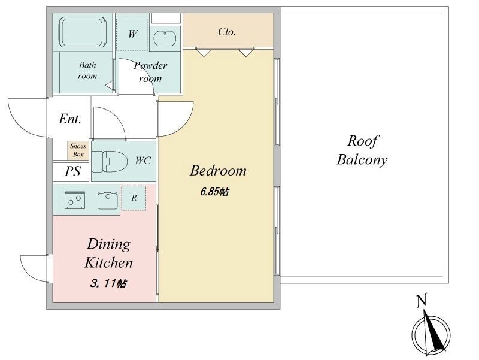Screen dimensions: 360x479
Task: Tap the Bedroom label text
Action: (218, 171)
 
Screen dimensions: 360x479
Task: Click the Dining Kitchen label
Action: (108, 253)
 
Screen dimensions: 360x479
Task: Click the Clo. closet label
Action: (226, 32)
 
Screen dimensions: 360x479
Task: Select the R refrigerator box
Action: (134, 198)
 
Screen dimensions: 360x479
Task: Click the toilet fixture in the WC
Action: (111, 161)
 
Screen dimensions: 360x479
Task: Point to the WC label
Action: (143, 161)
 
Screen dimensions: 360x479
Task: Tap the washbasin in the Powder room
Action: (164, 38)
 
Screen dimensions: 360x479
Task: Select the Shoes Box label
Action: (78, 150)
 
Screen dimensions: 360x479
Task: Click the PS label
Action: (72, 172)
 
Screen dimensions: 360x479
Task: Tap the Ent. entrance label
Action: (70, 119)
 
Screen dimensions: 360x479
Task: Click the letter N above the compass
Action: (422, 301)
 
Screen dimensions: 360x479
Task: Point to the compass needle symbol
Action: (432, 332)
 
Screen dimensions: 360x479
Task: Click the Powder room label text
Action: (150, 72)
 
